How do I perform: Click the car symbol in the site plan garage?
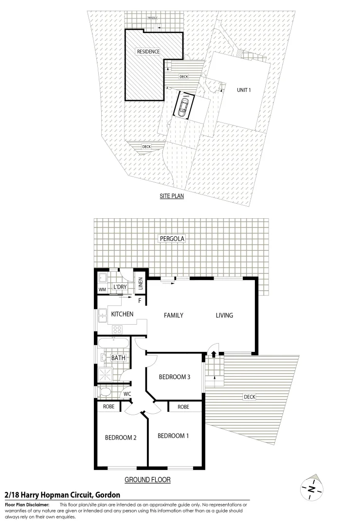coord(184,106)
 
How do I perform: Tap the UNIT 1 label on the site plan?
coord(244,90)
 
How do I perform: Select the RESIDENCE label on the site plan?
coord(148,52)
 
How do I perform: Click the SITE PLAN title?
coord(173,197)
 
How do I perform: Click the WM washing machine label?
coord(102,290)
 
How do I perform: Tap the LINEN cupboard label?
coord(141,283)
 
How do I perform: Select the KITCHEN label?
coord(122,315)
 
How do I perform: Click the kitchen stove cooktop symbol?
coord(117,330)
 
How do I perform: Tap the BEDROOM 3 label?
coord(174,377)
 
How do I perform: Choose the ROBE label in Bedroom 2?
coord(109,406)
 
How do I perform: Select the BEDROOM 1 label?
coord(173,436)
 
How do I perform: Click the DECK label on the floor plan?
coord(249,397)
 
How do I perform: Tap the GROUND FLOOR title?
coord(147,480)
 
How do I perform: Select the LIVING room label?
coord(224,315)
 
